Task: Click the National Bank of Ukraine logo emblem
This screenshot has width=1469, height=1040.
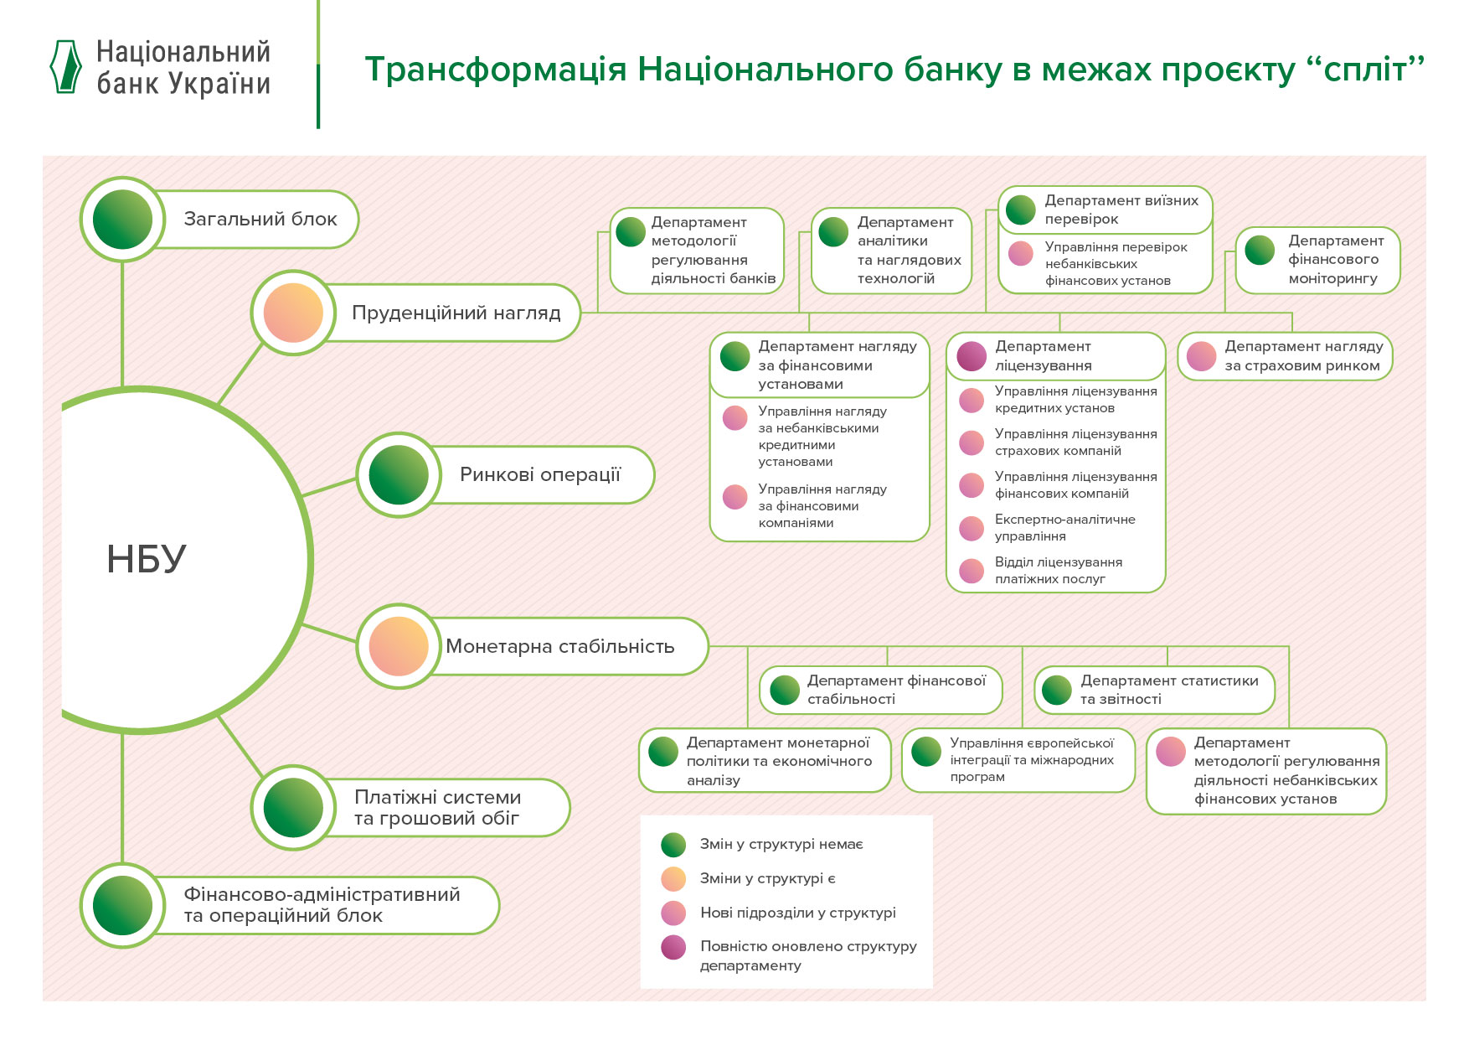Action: (66, 66)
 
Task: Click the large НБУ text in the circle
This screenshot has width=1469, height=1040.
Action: (147, 559)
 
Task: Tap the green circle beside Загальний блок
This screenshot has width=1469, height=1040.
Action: (122, 219)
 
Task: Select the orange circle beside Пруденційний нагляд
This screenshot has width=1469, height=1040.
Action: (293, 313)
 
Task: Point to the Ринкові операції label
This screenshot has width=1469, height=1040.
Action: (539, 474)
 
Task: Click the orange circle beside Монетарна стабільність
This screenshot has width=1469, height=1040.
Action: (399, 646)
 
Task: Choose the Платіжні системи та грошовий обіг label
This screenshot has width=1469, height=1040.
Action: (437, 808)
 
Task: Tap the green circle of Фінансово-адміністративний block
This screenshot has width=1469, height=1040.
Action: (122, 905)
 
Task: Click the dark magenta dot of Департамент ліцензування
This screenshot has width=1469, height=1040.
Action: (972, 356)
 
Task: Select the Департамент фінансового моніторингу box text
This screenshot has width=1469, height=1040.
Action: (1335, 260)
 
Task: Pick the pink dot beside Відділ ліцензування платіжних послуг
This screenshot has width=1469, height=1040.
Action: (972, 571)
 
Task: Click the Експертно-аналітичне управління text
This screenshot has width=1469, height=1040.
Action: (1064, 528)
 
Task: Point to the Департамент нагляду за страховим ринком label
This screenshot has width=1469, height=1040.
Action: (1303, 356)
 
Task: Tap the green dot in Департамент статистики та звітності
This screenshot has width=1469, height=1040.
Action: (1057, 690)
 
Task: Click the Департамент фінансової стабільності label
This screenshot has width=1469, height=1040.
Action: (896, 690)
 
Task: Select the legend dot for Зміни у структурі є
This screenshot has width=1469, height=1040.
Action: (673, 878)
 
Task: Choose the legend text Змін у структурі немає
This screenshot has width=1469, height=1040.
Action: (781, 844)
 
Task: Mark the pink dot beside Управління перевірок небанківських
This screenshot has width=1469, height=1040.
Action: (1021, 253)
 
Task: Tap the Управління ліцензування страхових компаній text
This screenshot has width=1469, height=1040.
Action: (1075, 442)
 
